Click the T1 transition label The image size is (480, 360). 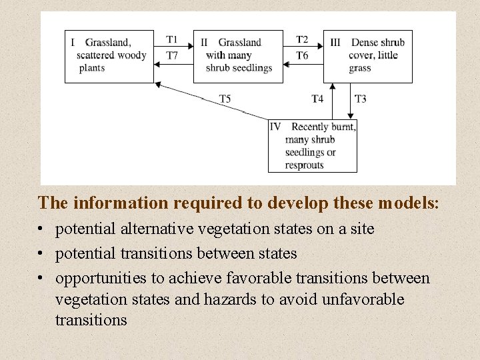[x=172, y=40]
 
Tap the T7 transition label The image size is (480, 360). [x=172, y=55]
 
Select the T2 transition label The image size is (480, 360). [x=302, y=40]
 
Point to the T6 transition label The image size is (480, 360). [x=302, y=55]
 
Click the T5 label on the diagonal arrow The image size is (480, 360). [x=225, y=99]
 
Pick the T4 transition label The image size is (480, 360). [x=317, y=99]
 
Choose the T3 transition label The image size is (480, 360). [x=360, y=99]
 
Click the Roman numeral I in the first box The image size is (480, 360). [x=73, y=43]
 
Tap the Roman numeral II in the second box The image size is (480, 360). [x=204, y=43]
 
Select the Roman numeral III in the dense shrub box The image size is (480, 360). [x=335, y=43]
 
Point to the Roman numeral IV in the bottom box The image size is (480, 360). [x=275, y=127]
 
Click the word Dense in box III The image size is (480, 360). [x=365, y=43]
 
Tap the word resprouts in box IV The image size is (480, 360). [x=304, y=165]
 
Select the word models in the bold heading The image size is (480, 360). [x=409, y=202]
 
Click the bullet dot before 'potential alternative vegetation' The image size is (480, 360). [x=41, y=229]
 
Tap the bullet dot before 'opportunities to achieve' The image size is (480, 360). [x=41, y=278]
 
